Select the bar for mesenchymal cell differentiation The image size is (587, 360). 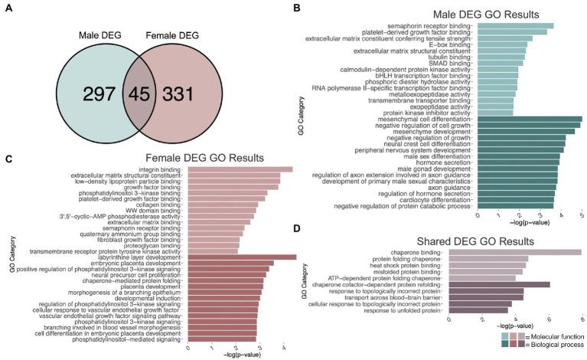click(x=530, y=119)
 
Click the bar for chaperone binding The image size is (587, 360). click(x=517, y=252)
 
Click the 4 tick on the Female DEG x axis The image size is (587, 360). click(x=284, y=347)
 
